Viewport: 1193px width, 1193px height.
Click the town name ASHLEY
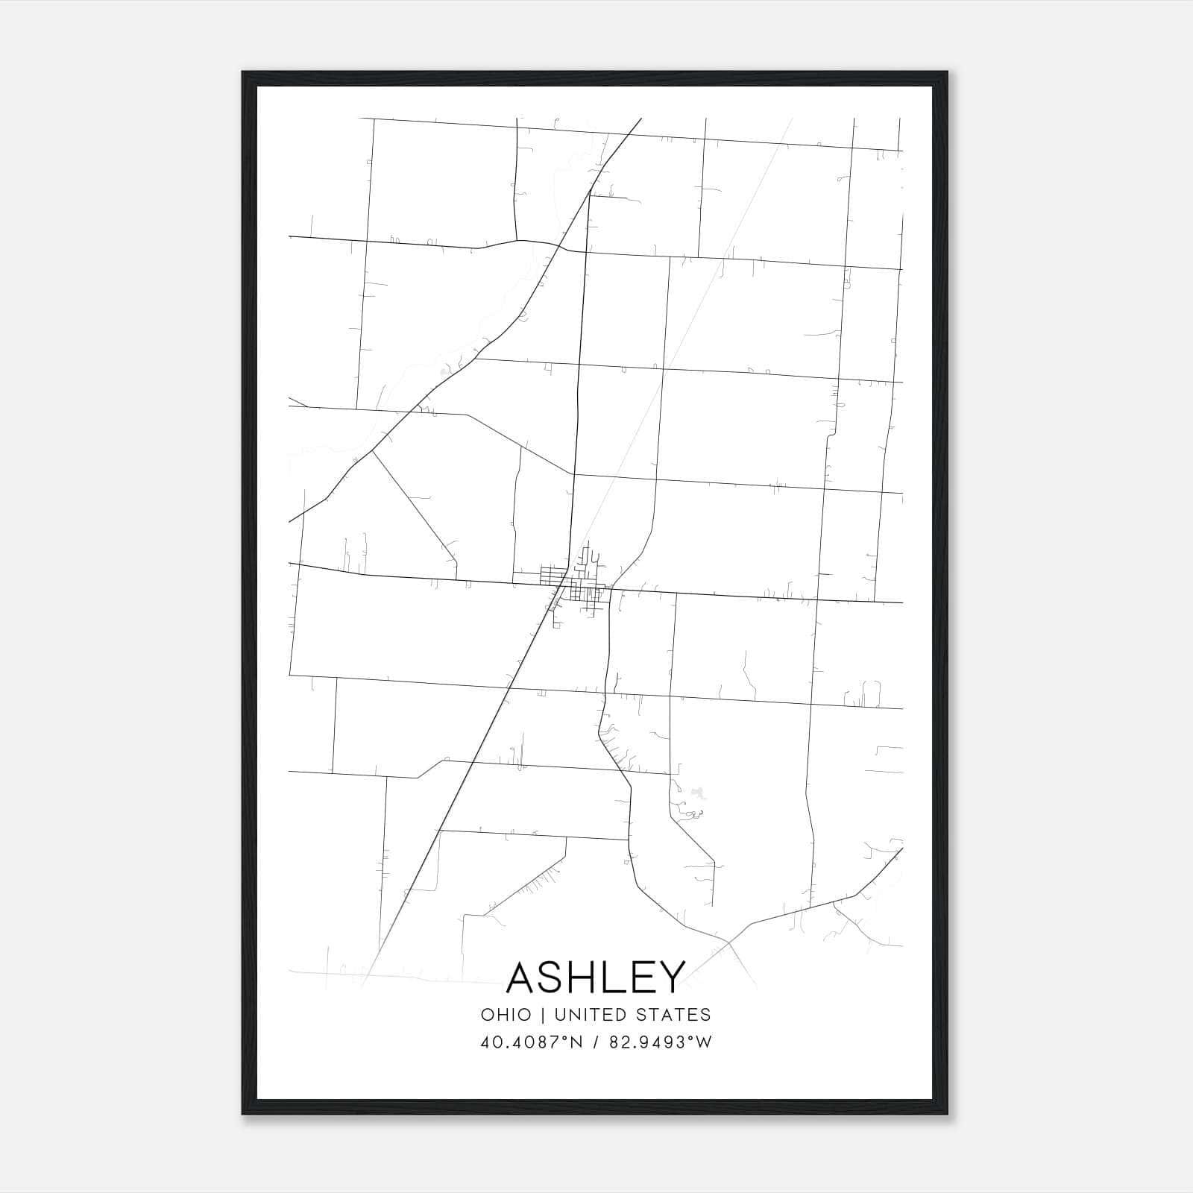(x=596, y=978)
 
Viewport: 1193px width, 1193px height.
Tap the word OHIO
(x=506, y=1015)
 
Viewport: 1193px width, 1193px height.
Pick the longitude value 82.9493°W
(x=661, y=1042)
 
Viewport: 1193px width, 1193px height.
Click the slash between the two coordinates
(x=595, y=1042)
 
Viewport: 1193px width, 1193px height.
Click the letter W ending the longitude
(x=705, y=1042)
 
